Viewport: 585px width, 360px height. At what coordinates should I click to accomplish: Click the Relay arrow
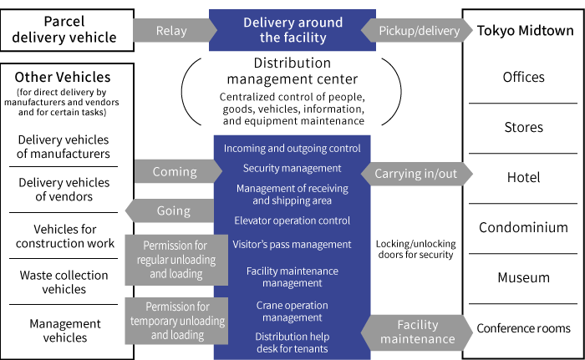(x=172, y=31)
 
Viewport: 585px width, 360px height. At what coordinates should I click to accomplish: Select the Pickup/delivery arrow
(x=418, y=31)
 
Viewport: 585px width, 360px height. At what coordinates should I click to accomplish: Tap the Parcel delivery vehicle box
(x=67, y=31)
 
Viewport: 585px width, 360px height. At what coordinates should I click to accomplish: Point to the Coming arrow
(x=173, y=172)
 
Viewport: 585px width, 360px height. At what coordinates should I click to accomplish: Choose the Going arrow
(x=172, y=211)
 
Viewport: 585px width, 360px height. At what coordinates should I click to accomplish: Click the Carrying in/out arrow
(x=415, y=174)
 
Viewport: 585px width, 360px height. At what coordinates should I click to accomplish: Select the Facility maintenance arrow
(x=417, y=332)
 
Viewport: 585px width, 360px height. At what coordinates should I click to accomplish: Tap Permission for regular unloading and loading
(x=175, y=260)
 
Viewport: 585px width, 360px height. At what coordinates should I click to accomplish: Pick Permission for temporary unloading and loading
(x=175, y=321)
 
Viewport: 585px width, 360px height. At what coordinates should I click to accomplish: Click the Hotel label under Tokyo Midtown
(x=523, y=177)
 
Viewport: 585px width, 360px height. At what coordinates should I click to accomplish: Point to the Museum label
(x=523, y=277)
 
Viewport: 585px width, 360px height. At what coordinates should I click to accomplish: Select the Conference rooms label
(x=523, y=328)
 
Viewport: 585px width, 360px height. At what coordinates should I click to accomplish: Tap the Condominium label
(x=523, y=227)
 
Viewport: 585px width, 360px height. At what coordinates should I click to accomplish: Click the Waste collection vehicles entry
(x=64, y=282)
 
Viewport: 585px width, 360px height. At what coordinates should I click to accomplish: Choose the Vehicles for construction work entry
(x=64, y=236)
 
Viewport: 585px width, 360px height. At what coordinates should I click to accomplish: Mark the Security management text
(x=292, y=169)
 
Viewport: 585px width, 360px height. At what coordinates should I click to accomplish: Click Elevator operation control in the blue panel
(x=292, y=221)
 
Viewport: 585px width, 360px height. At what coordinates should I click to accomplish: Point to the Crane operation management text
(x=292, y=312)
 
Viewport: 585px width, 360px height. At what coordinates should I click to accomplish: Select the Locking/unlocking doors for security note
(x=415, y=249)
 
